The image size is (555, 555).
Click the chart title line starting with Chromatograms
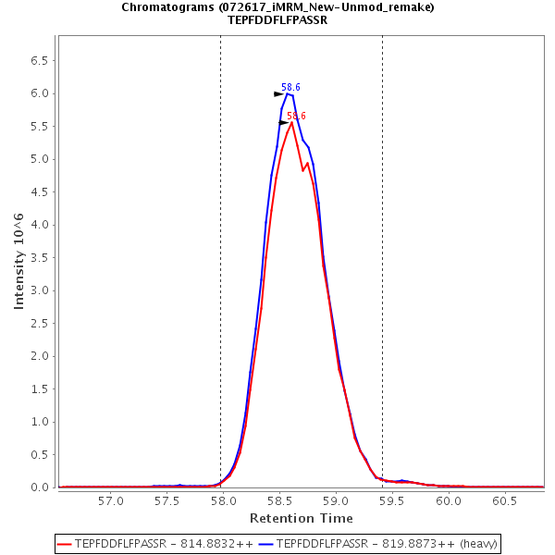(277, 6)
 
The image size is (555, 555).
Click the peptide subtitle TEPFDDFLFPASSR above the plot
(277, 19)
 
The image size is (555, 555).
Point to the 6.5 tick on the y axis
(40, 61)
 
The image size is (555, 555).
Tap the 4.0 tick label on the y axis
(40, 225)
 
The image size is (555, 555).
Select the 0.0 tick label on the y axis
(40, 487)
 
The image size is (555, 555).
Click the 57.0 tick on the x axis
(111, 500)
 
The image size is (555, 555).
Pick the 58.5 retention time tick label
(279, 500)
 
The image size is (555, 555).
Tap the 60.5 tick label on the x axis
(504, 500)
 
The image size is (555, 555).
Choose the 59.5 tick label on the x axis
(391, 500)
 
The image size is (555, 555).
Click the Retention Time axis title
(301, 518)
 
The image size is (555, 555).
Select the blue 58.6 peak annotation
(290, 87)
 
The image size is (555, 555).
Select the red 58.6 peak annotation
(296, 117)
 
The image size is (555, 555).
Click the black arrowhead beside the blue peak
(278, 93)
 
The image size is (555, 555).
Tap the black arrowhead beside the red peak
(284, 122)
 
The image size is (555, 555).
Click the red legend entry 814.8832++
(156, 542)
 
